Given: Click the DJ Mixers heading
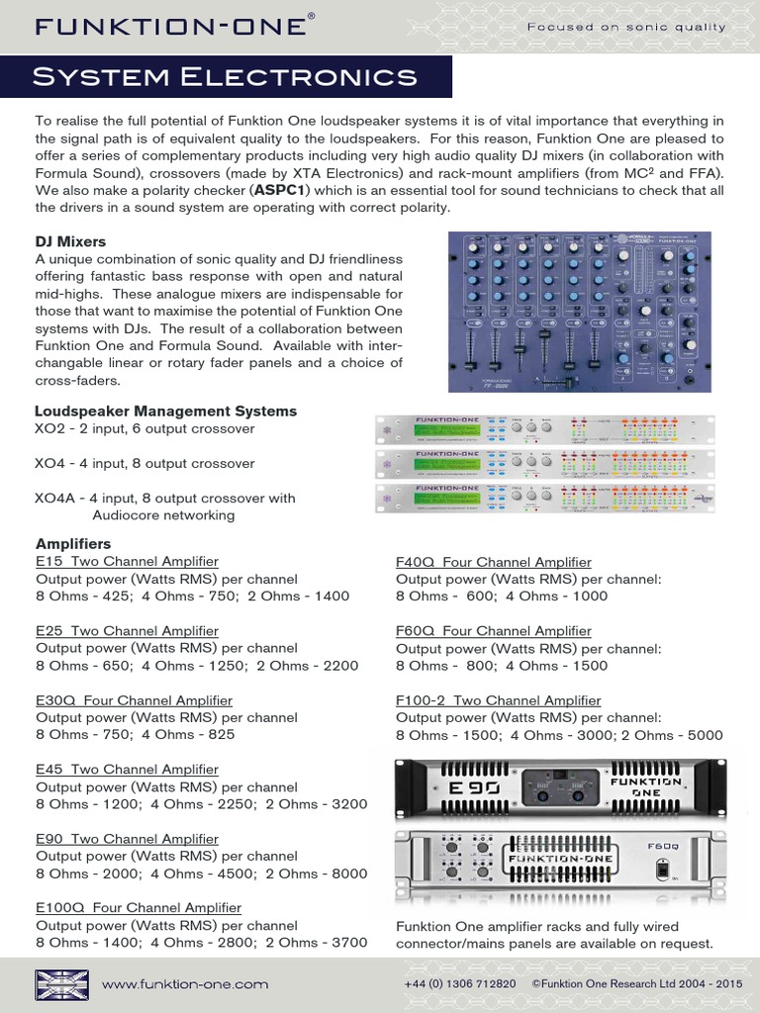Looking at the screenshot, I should pyautogui.click(x=70, y=241).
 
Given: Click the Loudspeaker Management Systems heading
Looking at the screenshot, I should pyautogui.click(x=165, y=411).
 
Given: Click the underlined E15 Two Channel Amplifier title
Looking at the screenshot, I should pyautogui.click(x=127, y=562).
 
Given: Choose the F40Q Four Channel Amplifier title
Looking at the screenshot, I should pyautogui.click(x=493, y=562).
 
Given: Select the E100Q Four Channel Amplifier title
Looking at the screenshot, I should pyautogui.click(x=138, y=907).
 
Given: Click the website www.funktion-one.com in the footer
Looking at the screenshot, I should pyautogui.click(x=185, y=984).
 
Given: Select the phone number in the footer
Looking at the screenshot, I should pyautogui.click(x=459, y=984).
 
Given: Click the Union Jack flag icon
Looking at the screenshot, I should pyautogui.click(x=61, y=984).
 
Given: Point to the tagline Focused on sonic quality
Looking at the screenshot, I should pyautogui.click(x=625, y=27).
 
